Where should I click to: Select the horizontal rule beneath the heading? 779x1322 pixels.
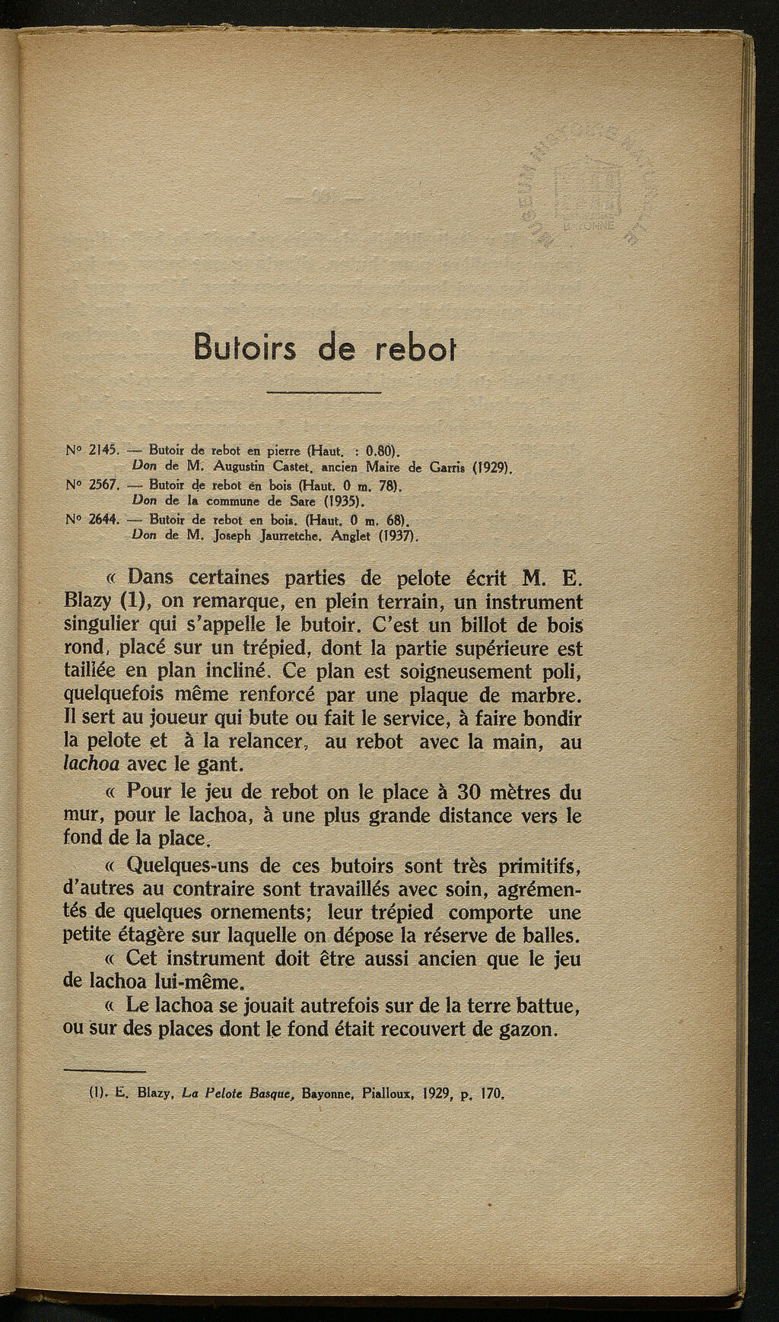tap(325, 392)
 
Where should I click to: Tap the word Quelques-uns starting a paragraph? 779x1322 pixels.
tap(175, 866)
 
